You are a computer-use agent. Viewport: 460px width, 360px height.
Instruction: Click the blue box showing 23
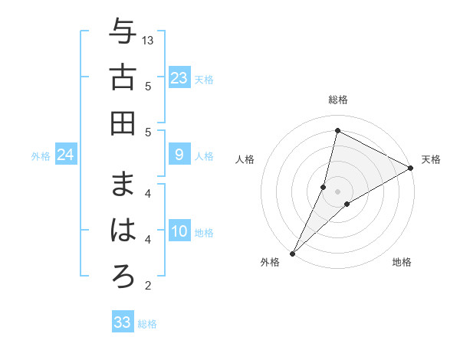pyautogui.click(x=179, y=78)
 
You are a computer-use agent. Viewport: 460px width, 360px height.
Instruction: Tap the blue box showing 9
pyautogui.click(x=179, y=155)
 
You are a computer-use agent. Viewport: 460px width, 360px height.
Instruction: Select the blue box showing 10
pyautogui.click(x=179, y=232)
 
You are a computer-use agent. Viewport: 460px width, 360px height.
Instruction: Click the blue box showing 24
pyautogui.click(x=66, y=155)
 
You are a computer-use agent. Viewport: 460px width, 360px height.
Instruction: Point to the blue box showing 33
pyautogui.click(x=123, y=322)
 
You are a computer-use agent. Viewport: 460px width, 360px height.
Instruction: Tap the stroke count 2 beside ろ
pyautogui.click(x=148, y=286)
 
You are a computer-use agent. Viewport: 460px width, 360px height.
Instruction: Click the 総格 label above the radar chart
pyautogui.click(x=338, y=100)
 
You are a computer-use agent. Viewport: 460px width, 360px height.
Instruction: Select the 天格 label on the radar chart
pyautogui.click(x=431, y=159)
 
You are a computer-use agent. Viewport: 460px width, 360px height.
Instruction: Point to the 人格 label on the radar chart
pyautogui.click(x=245, y=159)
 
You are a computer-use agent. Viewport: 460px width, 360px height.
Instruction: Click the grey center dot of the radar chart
pyautogui.click(x=337, y=191)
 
